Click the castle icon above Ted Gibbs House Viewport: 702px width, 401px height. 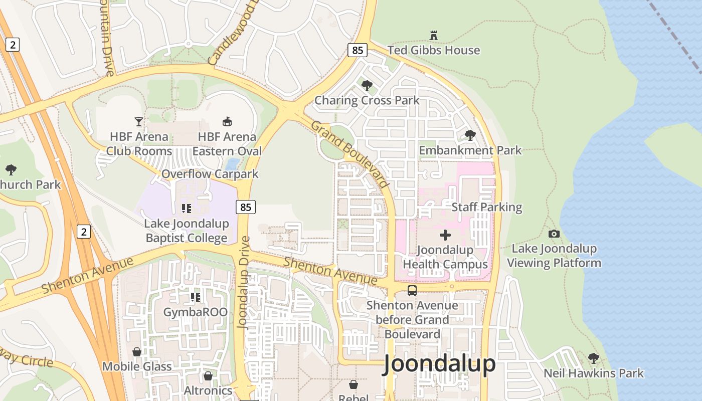[434, 35]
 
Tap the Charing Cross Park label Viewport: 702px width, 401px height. [367, 100]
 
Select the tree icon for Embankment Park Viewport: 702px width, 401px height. [470, 135]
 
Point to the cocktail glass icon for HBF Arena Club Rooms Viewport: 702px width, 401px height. [138, 121]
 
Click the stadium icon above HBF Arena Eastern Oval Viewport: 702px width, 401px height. [227, 121]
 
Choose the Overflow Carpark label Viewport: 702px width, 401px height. [210, 174]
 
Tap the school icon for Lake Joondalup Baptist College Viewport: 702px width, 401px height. [187, 208]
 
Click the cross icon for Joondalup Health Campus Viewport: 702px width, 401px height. [445, 235]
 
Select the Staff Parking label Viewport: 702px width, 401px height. [486, 207]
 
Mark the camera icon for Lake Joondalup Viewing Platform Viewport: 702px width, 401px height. [554, 234]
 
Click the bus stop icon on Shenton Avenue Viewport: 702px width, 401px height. [412, 290]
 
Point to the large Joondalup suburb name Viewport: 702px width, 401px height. [439, 364]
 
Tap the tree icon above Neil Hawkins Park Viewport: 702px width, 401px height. [593, 358]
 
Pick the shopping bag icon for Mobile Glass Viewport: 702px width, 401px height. [136, 352]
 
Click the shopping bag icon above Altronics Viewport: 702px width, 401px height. [208, 375]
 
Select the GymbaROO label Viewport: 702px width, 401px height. [195, 312]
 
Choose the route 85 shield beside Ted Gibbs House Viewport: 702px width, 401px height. [357, 50]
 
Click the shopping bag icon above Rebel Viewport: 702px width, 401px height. [354, 384]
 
